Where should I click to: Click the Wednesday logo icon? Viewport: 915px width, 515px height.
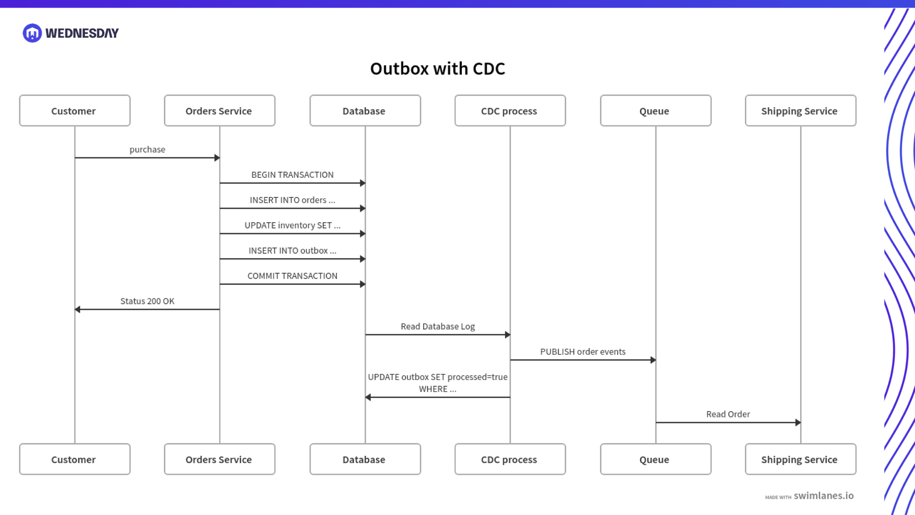32,33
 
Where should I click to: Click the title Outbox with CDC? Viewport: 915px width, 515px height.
437,69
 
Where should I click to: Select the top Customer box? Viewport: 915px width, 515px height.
74,111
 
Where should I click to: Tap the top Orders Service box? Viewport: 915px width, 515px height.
219,111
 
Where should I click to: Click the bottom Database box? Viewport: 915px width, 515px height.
365,459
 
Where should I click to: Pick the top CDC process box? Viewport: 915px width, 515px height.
509,111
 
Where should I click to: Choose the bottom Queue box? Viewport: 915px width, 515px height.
655,459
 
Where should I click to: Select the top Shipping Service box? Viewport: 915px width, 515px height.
800,111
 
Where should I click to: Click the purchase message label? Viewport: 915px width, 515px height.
147,149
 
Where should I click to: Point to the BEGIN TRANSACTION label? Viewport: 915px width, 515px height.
292,175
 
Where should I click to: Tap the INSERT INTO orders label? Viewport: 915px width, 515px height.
292,200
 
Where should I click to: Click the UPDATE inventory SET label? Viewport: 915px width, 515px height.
292,225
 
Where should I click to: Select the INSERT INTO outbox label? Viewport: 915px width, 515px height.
292,250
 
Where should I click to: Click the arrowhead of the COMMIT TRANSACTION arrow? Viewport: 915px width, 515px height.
363,284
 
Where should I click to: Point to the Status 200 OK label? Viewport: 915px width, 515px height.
147,301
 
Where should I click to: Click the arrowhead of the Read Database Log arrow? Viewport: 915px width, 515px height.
508,335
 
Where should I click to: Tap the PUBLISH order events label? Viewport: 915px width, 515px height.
582,351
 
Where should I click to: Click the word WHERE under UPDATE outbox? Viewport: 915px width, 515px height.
433,389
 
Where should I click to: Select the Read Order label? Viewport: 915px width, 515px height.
728,414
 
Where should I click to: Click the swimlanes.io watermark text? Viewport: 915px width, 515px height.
823,495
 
